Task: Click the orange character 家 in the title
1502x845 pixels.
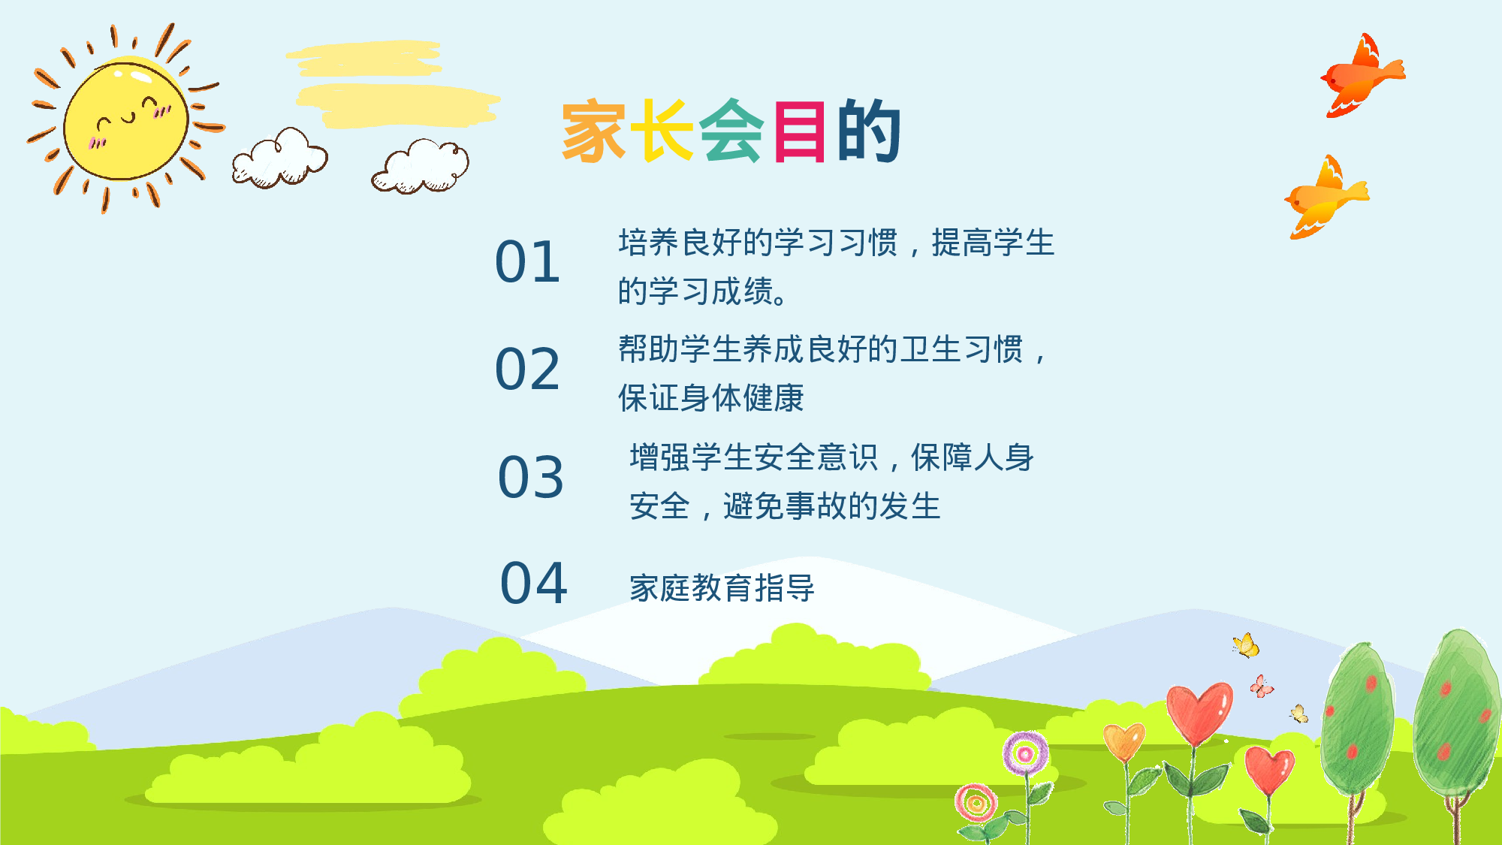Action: tap(593, 131)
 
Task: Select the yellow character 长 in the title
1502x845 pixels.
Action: tap(662, 131)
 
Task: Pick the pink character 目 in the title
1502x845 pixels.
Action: tap(800, 131)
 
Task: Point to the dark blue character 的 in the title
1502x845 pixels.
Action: tap(869, 131)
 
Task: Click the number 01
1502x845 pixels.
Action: tap(528, 263)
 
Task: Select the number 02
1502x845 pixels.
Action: tap(528, 370)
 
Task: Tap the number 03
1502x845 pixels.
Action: tap(531, 478)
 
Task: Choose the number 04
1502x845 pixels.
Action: tap(534, 584)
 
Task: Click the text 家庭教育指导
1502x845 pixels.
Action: tap(722, 588)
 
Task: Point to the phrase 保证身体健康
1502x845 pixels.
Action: tap(710, 398)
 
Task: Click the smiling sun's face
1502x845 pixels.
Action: tap(126, 120)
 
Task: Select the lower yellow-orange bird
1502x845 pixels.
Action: tap(1326, 199)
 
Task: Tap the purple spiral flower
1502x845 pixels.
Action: tap(1025, 753)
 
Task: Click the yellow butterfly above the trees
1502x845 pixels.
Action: tap(1246, 645)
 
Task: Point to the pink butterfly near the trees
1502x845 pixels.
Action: tap(1261, 687)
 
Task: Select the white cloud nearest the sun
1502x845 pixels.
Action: tap(279, 159)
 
